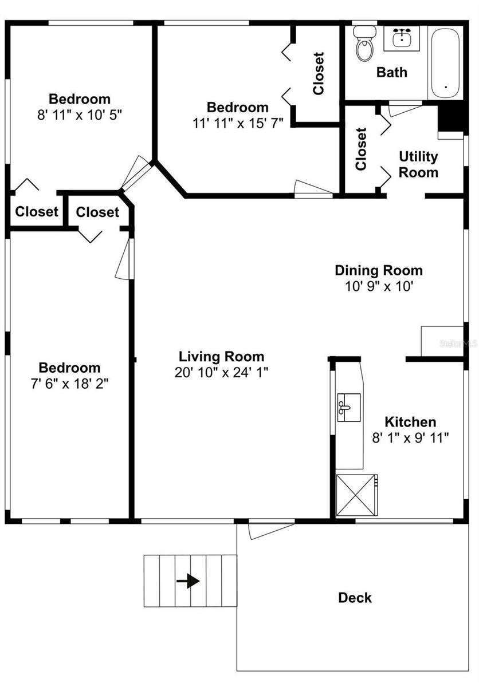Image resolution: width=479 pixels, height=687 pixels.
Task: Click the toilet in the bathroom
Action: [363, 45]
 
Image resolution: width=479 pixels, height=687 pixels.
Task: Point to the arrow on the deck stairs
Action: [188, 581]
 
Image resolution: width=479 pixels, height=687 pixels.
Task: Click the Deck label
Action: [355, 598]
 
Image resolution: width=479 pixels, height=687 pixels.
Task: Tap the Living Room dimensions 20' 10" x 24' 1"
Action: [221, 372]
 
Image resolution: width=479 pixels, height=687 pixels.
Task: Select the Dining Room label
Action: [378, 270]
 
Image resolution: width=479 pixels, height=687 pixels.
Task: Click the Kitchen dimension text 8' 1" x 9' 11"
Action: [410, 438]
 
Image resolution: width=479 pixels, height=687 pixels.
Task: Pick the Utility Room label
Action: [418, 164]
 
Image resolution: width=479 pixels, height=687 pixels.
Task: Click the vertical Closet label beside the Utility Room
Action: [361, 149]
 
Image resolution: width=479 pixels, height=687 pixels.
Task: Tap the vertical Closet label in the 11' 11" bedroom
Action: [319, 73]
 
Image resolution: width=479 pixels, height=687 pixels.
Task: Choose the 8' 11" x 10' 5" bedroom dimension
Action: [79, 114]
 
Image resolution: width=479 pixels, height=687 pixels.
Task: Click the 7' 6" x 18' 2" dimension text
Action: [69, 384]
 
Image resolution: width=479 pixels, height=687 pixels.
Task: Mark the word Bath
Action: [392, 72]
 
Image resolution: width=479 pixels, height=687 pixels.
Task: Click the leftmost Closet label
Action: [37, 212]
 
